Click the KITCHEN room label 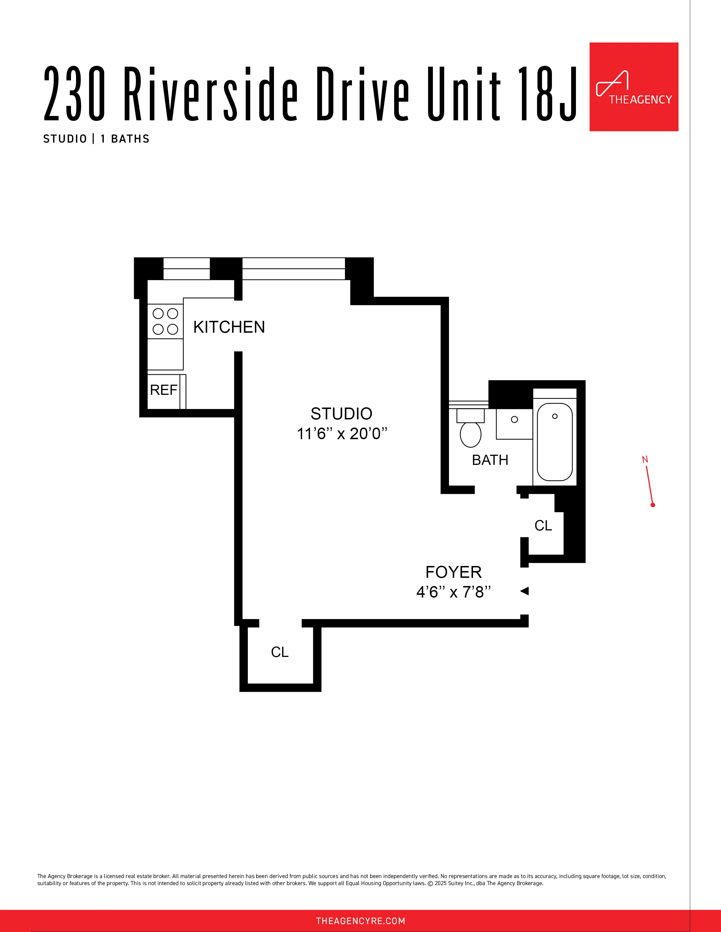[229, 327]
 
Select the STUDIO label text [341, 413]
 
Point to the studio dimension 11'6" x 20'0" [342, 434]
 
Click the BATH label [490, 460]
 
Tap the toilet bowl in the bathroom [470, 434]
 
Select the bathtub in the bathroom [554, 442]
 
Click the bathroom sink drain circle [514, 419]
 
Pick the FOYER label [453, 572]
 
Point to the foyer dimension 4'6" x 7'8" [453, 592]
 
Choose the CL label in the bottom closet [280, 652]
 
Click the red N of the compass [645, 460]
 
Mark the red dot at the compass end [653, 505]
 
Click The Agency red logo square [634, 87]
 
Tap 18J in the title [547, 93]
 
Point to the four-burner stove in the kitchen [165, 321]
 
